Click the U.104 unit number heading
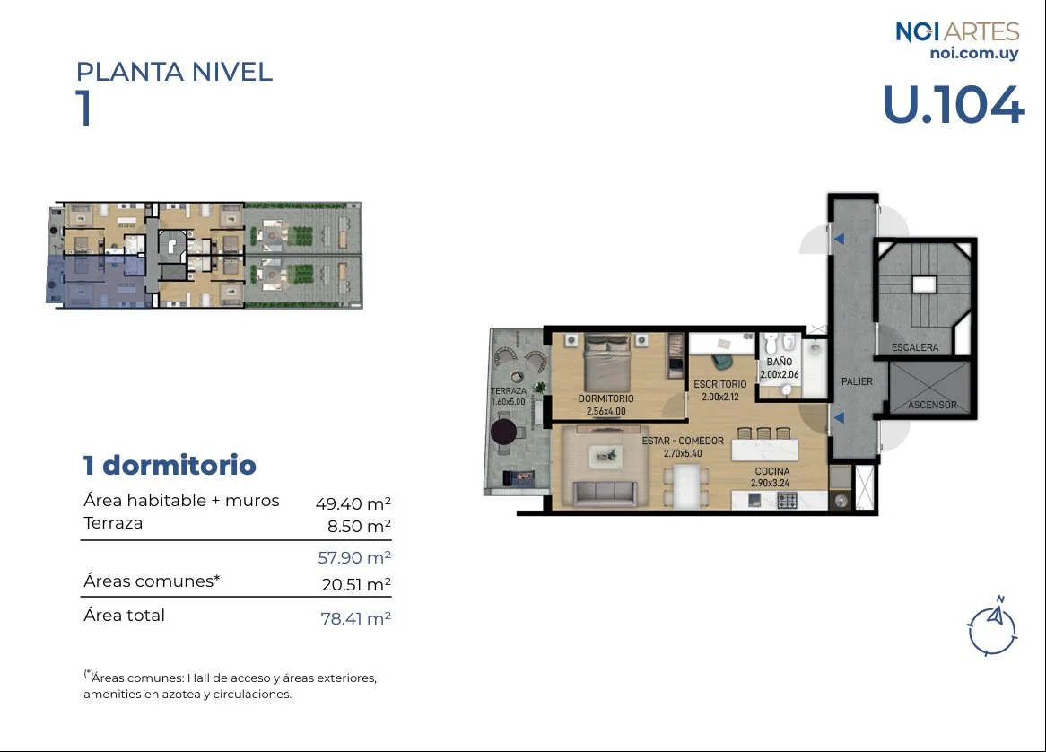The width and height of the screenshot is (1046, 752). pyautogui.click(x=953, y=104)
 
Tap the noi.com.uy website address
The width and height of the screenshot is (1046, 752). pyautogui.click(x=974, y=53)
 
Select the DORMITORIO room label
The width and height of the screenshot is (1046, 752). pyautogui.click(x=606, y=398)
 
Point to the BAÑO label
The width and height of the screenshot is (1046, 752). pyautogui.click(x=780, y=362)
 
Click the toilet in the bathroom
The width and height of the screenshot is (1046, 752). pyautogui.click(x=771, y=343)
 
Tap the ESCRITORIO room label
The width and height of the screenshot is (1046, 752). pyautogui.click(x=719, y=384)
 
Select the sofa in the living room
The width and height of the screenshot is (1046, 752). pyautogui.click(x=606, y=492)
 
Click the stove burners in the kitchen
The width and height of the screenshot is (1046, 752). pyautogui.click(x=787, y=501)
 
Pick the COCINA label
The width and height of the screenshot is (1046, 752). pyautogui.click(x=771, y=471)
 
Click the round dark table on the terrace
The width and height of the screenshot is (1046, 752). pyautogui.click(x=503, y=432)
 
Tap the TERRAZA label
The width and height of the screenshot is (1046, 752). pyautogui.click(x=509, y=391)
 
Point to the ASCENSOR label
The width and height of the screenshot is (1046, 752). pyautogui.click(x=932, y=405)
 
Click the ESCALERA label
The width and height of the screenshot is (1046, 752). pyautogui.click(x=915, y=347)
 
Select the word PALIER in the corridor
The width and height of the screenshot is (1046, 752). pyautogui.click(x=857, y=381)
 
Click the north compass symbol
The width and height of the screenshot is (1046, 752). pyautogui.click(x=993, y=625)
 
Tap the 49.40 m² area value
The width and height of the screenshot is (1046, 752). pyautogui.click(x=353, y=503)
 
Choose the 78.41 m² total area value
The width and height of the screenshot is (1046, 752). pyautogui.click(x=355, y=618)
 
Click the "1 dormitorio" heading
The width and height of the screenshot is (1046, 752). pyautogui.click(x=170, y=466)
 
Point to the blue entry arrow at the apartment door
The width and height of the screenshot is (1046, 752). pyautogui.click(x=839, y=417)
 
